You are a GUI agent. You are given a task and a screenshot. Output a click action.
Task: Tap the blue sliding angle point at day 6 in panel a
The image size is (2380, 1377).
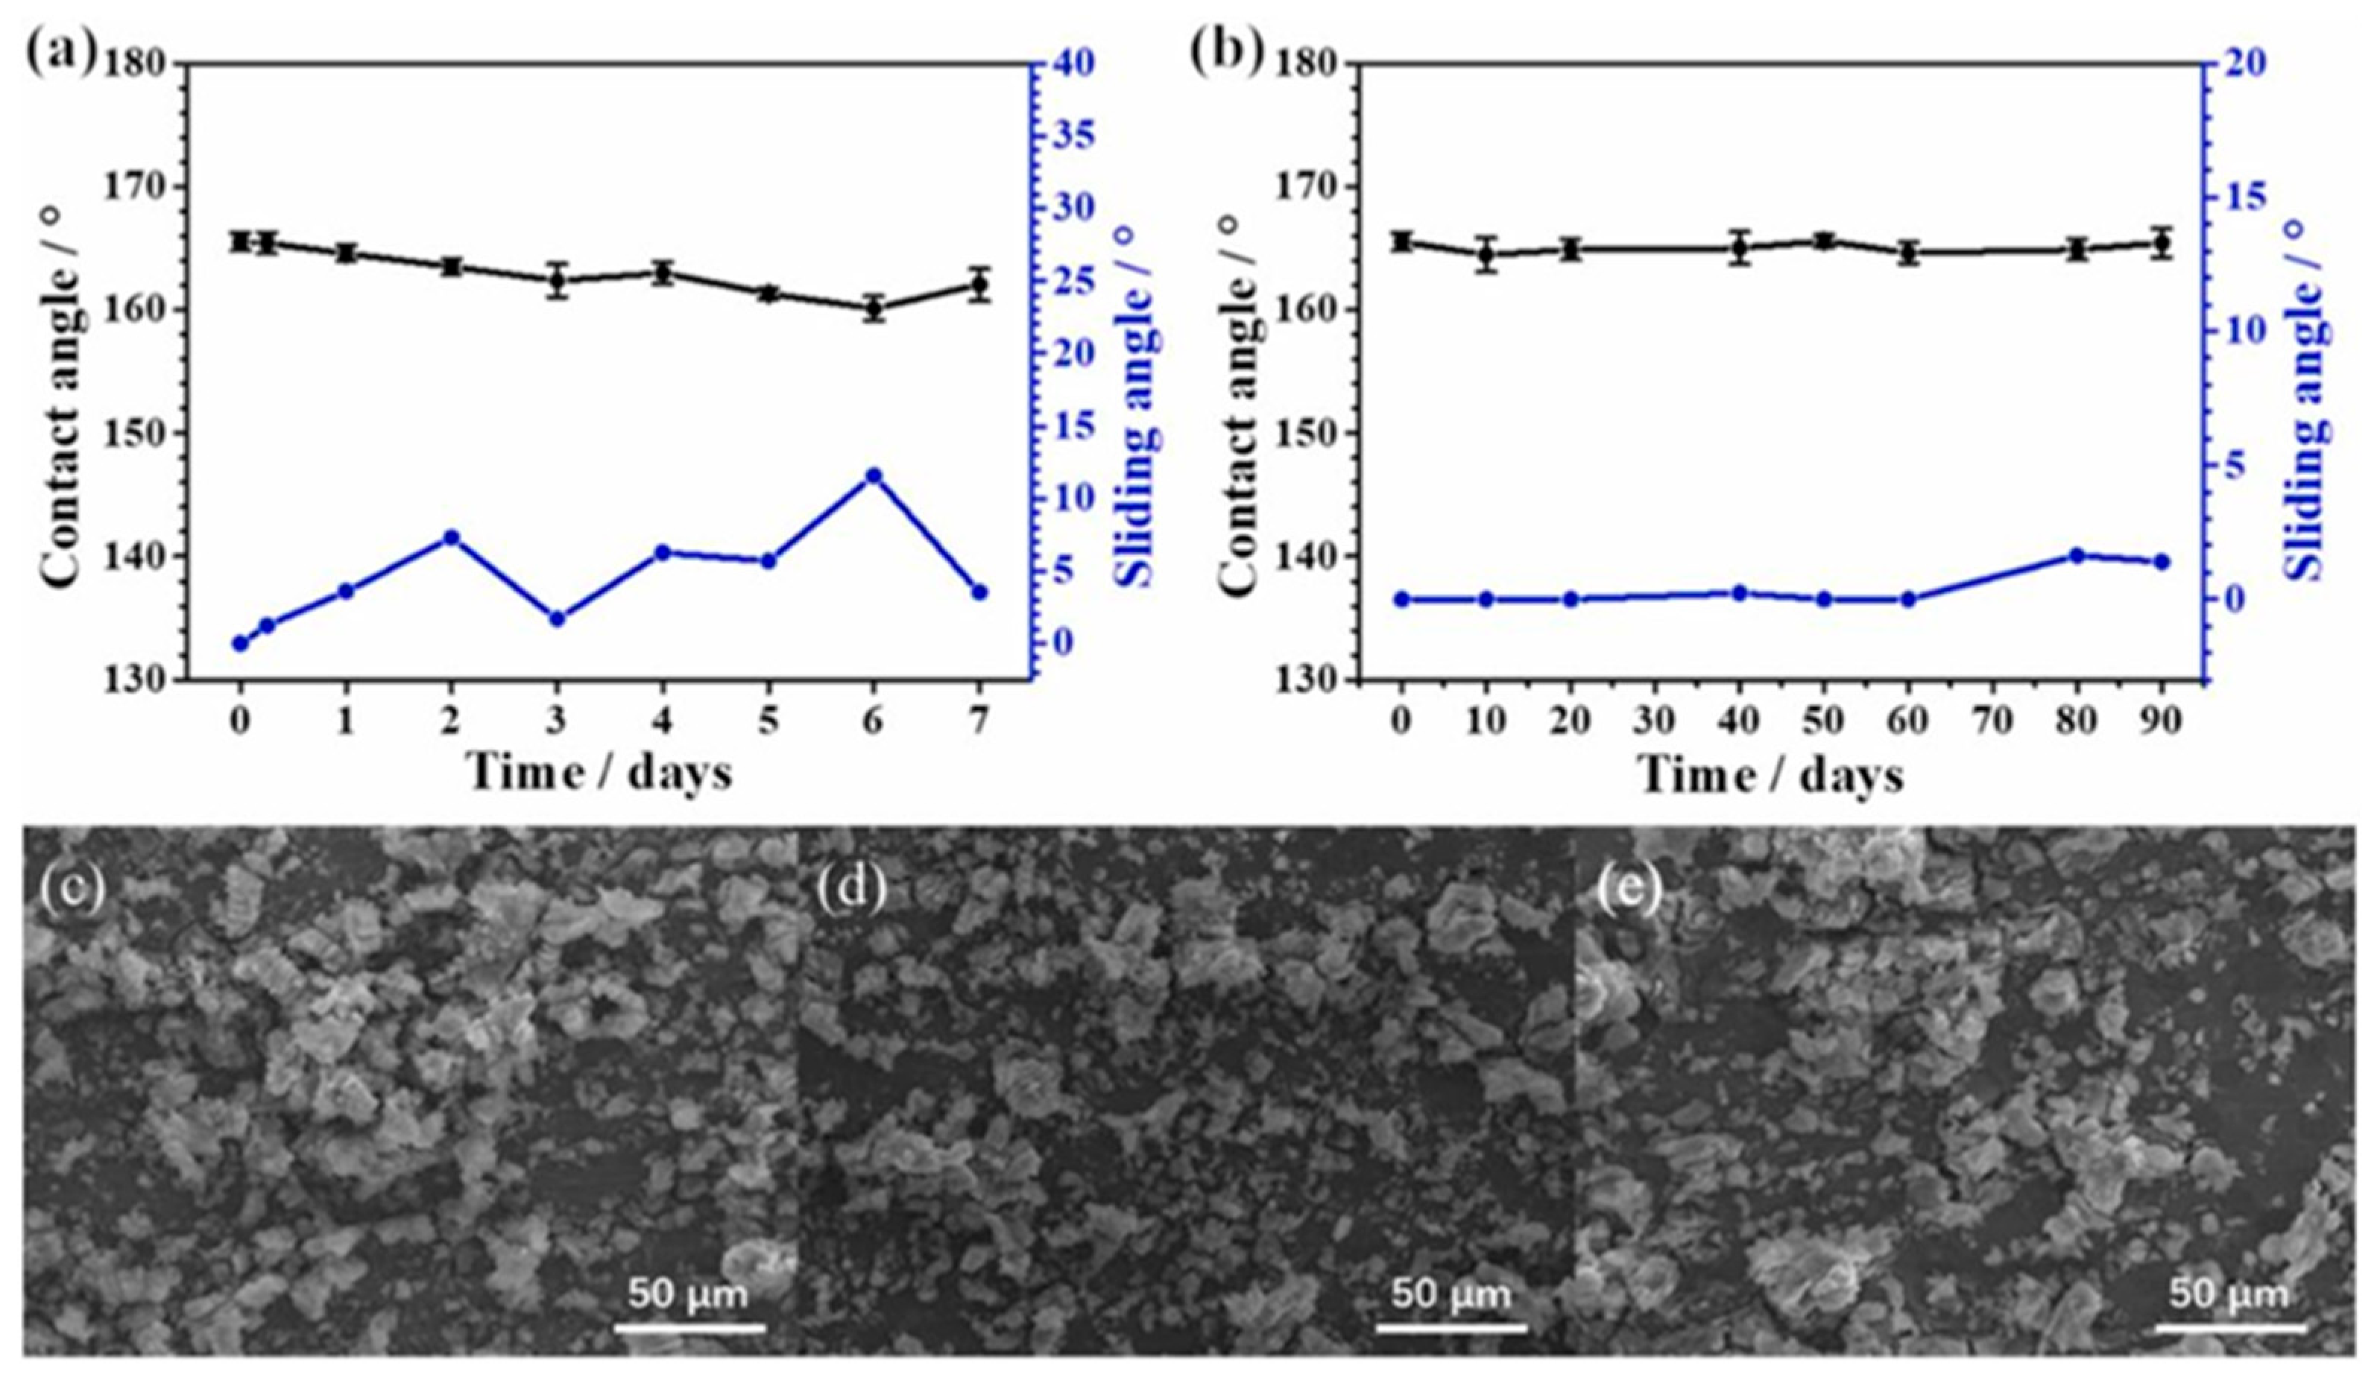(874, 475)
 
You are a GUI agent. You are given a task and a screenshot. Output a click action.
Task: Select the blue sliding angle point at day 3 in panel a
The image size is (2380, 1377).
(558, 618)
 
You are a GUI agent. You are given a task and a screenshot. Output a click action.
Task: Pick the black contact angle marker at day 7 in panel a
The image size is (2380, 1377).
(979, 285)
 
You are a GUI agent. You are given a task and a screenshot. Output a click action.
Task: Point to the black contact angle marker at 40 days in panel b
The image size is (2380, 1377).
(1740, 250)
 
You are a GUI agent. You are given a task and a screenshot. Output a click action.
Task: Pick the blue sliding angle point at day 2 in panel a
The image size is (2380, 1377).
(452, 537)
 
